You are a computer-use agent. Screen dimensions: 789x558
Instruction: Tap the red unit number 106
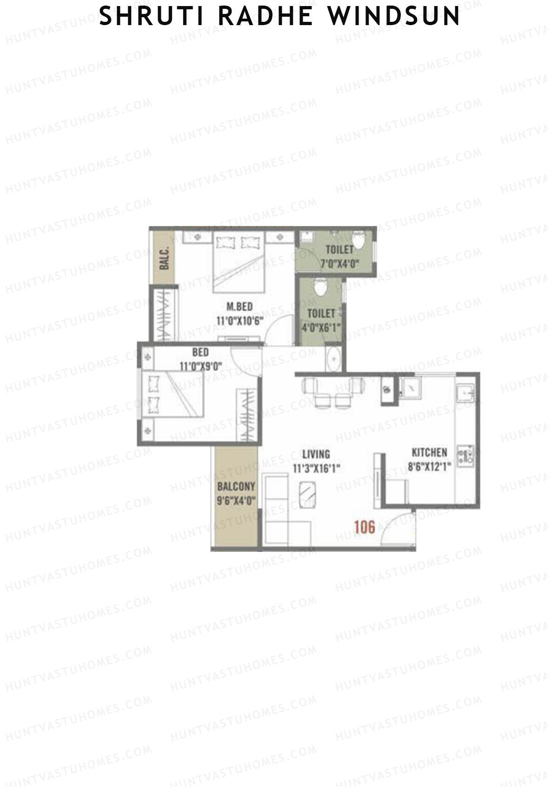[364, 527]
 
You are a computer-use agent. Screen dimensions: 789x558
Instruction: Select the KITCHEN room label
[429, 452]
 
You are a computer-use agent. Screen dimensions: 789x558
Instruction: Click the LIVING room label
[316, 454]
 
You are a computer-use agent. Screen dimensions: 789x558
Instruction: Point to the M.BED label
[239, 306]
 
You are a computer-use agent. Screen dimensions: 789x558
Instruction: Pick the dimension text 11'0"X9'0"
[200, 366]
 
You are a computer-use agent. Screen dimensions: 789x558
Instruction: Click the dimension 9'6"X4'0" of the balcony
[236, 501]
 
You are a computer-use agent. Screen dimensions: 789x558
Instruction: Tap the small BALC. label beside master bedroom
[164, 258]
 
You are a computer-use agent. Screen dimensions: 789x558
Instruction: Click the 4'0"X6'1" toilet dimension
[321, 327]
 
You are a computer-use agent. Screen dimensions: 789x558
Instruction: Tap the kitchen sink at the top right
[465, 393]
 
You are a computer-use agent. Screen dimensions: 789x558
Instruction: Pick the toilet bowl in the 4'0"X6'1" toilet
[319, 287]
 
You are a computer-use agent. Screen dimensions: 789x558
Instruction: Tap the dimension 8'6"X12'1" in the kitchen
[429, 466]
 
